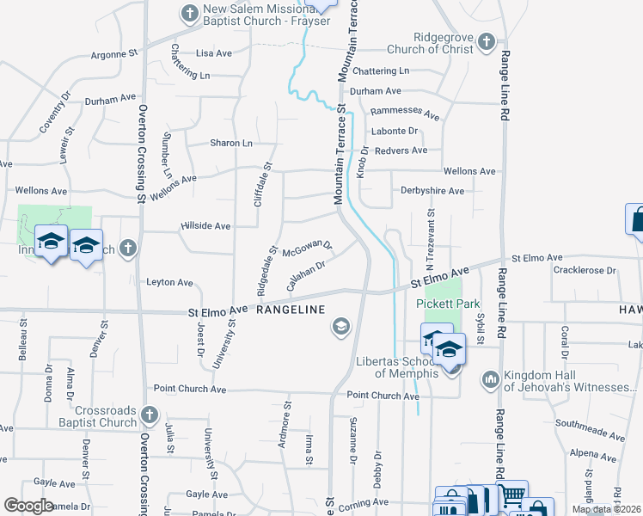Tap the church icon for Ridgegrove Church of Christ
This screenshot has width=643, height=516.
tap(487, 40)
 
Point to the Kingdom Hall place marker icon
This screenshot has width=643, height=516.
tap(491, 378)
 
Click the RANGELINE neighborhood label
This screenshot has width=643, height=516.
tap(290, 310)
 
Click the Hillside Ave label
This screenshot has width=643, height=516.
tap(205, 226)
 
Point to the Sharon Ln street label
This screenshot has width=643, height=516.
tap(232, 144)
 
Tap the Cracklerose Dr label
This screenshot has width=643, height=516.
tap(585, 270)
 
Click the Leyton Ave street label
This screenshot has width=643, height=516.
tap(169, 282)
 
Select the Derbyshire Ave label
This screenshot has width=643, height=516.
tap(432, 191)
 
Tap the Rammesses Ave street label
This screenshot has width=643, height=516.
tap(405, 114)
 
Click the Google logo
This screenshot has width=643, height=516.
tap(29, 506)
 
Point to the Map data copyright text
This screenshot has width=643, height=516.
tap(607, 509)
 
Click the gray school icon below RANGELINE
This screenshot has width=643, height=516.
tap(340, 327)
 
